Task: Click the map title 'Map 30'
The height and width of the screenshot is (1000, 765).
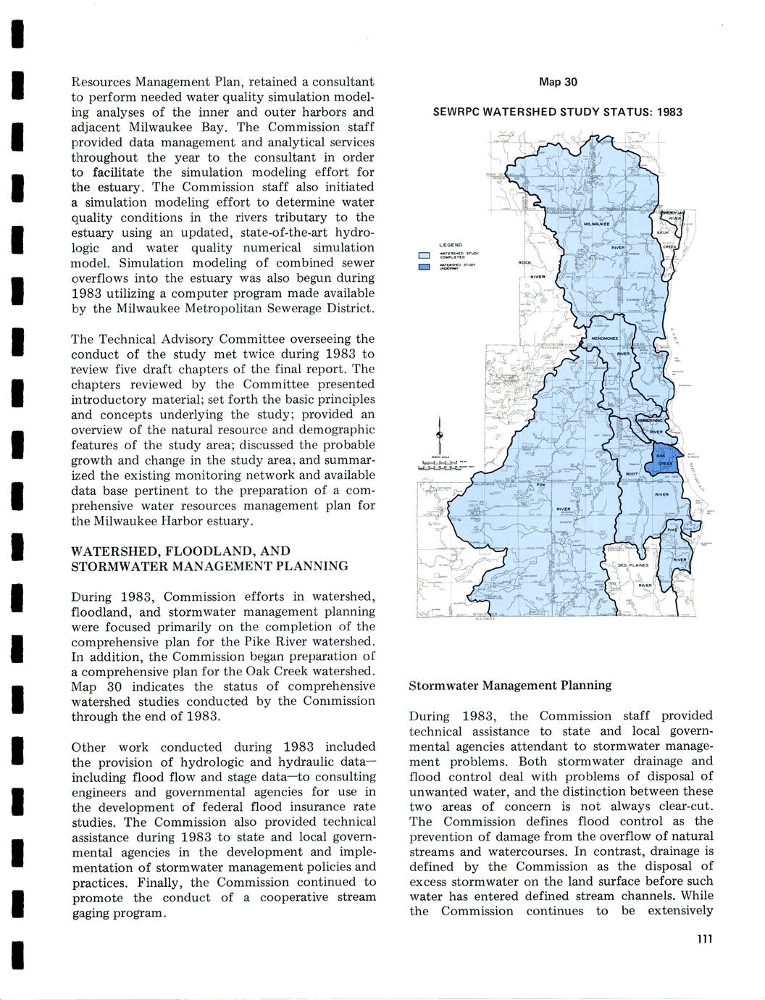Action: pos(558,83)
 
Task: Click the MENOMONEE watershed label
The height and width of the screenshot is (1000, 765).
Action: pos(603,339)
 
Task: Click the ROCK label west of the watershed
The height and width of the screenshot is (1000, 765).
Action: pos(525,262)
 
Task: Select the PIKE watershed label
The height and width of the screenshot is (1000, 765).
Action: pos(672,530)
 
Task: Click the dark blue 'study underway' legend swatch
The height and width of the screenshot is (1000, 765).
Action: pos(424,267)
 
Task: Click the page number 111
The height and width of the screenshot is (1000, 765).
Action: pos(705,939)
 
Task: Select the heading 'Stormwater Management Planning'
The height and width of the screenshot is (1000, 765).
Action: pos(510,685)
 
